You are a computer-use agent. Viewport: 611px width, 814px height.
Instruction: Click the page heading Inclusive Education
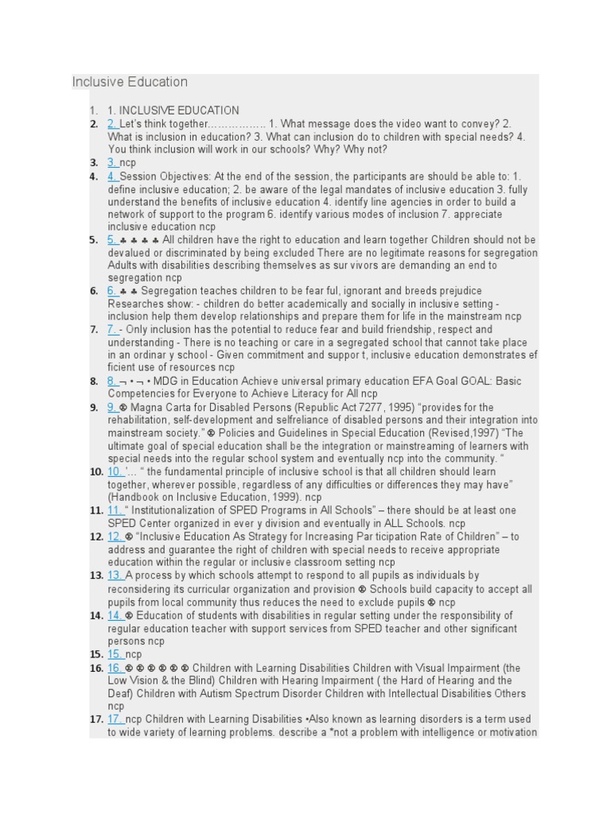130,82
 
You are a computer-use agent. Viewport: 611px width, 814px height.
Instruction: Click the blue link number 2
112,124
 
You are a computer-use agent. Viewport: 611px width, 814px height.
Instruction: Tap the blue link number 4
112,176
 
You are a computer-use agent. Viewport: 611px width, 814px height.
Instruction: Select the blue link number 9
112,407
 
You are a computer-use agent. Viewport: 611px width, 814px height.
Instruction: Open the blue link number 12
115,537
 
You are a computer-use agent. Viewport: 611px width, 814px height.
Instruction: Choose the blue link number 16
115,668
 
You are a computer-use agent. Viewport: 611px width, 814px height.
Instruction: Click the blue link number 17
115,719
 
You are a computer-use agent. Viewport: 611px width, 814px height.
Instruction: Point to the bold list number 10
95,472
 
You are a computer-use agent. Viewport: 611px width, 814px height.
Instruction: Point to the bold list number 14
95,615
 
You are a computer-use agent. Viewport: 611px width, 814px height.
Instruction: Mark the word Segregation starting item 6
169,291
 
